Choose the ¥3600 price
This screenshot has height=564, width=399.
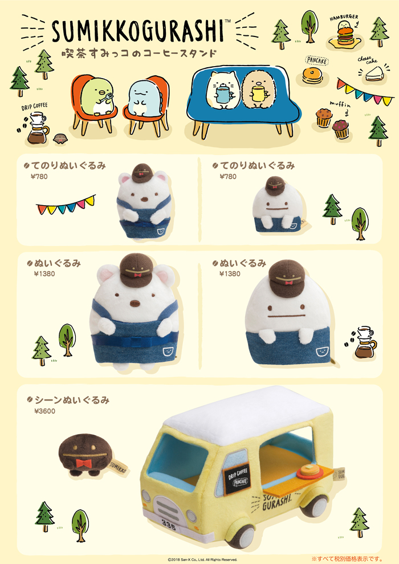[x=44, y=411]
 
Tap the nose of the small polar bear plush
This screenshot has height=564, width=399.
[x=142, y=199]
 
